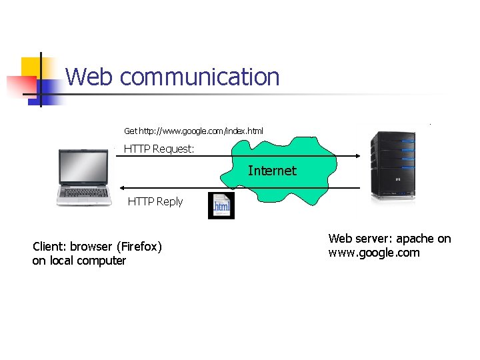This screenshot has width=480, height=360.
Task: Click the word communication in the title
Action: [200, 77]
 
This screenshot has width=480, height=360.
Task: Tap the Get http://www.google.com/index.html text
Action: [193, 131]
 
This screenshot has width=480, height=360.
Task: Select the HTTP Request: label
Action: [159, 149]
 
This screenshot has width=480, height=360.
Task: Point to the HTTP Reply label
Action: [155, 201]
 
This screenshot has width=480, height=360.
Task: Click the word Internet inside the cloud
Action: [272, 171]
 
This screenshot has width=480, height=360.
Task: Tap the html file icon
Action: [221, 206]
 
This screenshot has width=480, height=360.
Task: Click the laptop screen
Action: [83, 168]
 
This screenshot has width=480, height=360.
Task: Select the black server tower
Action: [393, 165]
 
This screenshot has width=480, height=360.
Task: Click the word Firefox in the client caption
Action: [139, 247]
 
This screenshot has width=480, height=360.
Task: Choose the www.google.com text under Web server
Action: [374, 253]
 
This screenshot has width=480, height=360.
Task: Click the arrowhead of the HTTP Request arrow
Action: [357, 156]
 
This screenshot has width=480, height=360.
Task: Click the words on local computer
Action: [79, 261]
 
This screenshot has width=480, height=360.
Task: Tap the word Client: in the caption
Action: [50, 247]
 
